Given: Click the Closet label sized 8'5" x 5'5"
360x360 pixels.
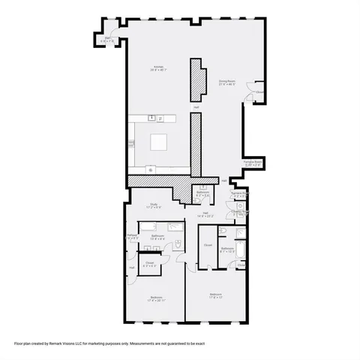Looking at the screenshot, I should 151,263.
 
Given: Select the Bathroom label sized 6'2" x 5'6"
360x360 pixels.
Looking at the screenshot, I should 202,193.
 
